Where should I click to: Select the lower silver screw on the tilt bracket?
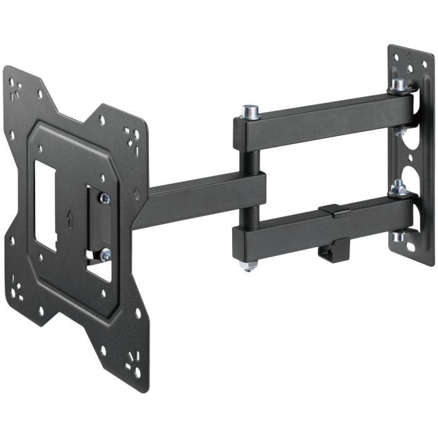click(104, 253)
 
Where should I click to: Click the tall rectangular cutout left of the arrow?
click(45, 200)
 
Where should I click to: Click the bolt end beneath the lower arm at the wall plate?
click(395, 238)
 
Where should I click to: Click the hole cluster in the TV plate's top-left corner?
click(16, 84)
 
